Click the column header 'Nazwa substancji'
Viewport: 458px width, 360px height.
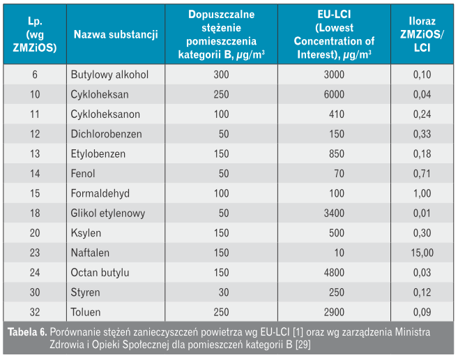[116, 34]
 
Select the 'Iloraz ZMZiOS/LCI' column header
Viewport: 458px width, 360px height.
[422, 34]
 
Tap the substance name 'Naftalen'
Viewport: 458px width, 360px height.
[90, 253]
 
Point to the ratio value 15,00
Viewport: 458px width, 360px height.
[422, 253]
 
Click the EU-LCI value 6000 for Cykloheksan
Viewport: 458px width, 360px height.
[334, 94]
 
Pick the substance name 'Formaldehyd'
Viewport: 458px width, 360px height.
[100, 193]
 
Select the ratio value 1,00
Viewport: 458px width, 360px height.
[422, 193]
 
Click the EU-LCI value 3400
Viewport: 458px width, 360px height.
[334, 213]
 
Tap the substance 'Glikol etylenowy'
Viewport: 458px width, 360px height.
[108, 213]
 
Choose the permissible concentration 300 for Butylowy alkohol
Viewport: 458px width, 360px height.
[221, 75]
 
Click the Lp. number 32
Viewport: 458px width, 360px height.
[35, 312]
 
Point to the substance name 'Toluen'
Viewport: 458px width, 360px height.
[86, 312]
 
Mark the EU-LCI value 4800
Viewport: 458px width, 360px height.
[334, 273]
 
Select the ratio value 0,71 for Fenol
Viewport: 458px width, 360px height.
[422, 174]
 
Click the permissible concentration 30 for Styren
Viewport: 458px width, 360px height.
[224, 292]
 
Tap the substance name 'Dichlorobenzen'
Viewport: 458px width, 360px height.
[107, 134]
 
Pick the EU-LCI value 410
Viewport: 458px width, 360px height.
[337, 114]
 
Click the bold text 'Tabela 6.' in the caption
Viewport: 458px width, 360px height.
[27, 332]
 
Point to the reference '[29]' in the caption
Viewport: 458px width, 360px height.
[303, 345]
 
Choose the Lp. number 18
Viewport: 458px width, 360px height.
[35, 213]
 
